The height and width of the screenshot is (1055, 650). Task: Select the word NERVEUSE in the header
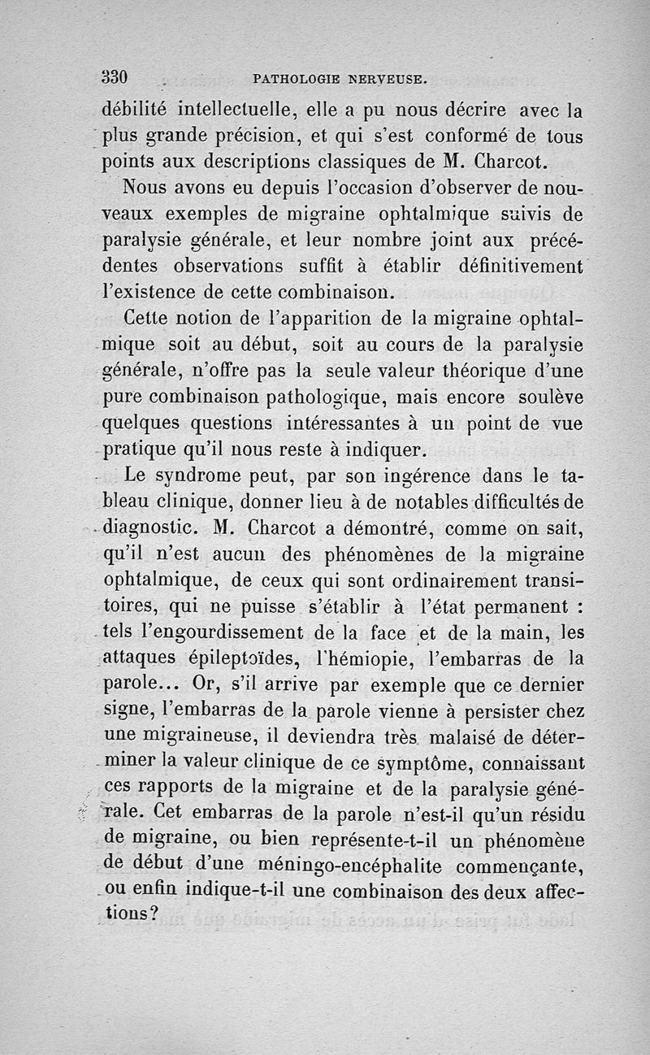(x=386, y=80)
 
